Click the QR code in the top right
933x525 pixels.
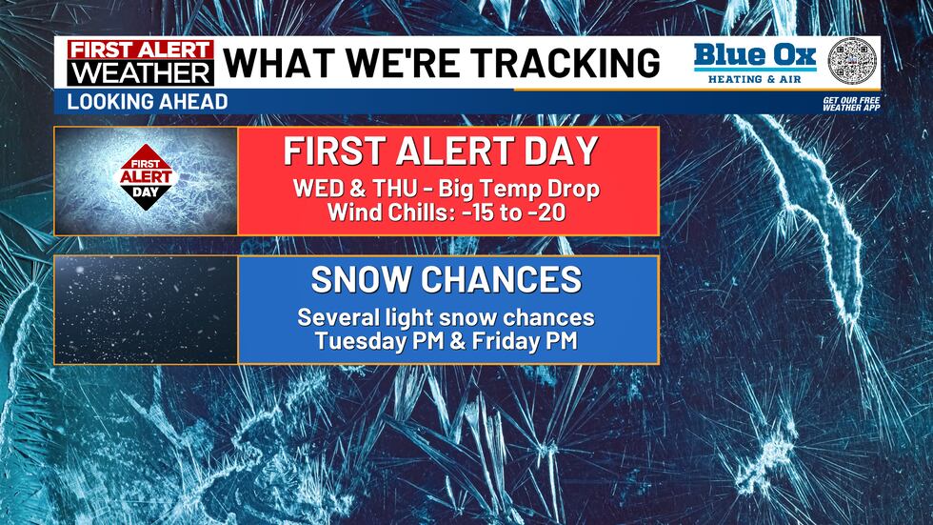pos(852,63)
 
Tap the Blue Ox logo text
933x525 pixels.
pos(754,55)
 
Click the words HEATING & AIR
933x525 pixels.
pos(754,78)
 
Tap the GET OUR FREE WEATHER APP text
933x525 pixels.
pos(850,103)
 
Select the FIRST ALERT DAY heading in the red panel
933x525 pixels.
pos(447,151)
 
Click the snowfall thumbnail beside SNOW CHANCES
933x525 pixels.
pos(146,310)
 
